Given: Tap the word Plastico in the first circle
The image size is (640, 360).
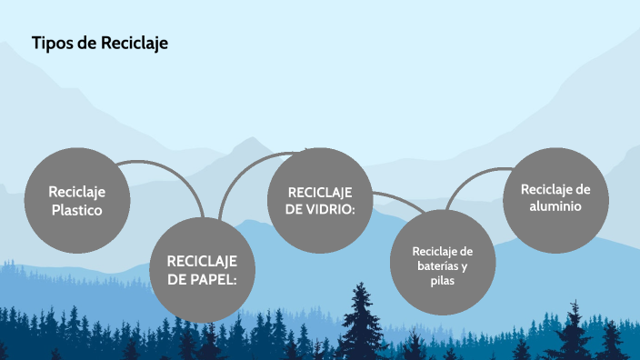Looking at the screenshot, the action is pyautogui.click(x=77, y=210).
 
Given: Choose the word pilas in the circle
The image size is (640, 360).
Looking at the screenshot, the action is pyautogui.click(x=443, y=281).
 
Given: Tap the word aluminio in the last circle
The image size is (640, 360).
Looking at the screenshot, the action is pyautogui.click(x=555, y=206).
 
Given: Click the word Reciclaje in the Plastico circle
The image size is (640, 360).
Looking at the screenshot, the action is pyautogui.click(x=77, y=192).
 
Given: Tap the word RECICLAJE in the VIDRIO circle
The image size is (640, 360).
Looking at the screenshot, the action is pyautogui.click(x=319, y=192).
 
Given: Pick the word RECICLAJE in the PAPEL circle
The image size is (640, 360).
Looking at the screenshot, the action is pyautogui.click(x=202, y=261).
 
